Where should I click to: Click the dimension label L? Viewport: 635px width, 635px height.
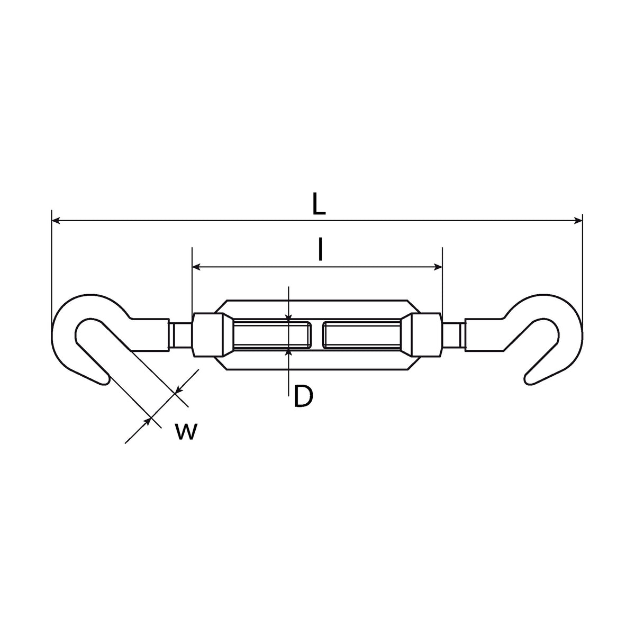(x=319, y=203)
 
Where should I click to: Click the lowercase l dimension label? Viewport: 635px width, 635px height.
(x=320, y=249)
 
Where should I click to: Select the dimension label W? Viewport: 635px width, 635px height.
(x=186, y=432)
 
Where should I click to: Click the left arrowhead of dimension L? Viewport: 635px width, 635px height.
(x=56, y=221)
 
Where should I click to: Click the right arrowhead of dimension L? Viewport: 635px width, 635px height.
(x=578, y=221)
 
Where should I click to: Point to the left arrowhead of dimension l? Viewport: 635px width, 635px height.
(x=196, y=267)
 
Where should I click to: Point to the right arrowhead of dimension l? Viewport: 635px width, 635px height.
(x=438, y=267)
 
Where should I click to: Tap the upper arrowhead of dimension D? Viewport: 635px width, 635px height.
(x=288, y=317)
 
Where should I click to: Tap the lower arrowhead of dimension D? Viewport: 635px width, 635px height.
(x=288, y=352)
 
